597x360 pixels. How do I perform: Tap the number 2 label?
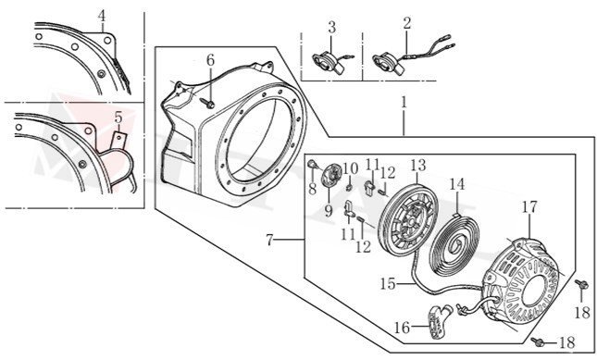[x=407, y=22]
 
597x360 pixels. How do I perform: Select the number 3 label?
[x=331, y=22]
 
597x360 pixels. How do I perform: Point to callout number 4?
[x=102, y=16]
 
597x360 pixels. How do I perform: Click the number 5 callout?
[x=118, y=117]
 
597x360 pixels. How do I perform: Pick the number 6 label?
[x=210, y=60]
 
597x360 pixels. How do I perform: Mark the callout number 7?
[x=269, y=241]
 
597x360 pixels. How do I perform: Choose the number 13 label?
[x=417, y=165]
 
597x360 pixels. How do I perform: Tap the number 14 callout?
[x=456, y=183]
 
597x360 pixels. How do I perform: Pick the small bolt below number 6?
[x=212, y=103]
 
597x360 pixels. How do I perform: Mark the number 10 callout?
[x=350, y=168]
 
